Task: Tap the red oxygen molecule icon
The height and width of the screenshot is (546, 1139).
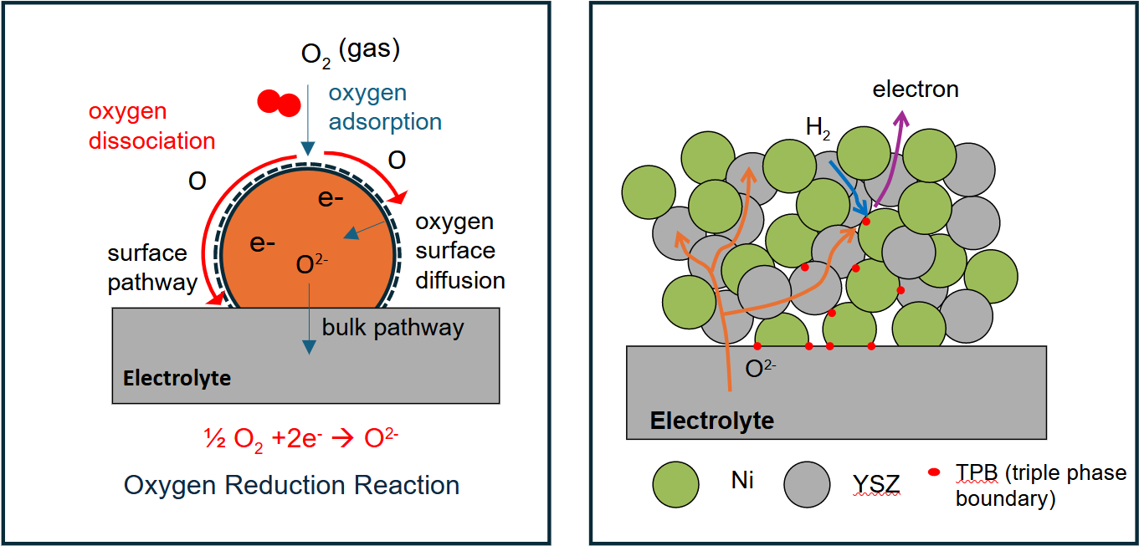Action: pyautogui.click(x=278, y=102)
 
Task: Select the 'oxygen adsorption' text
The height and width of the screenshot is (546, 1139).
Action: pyautogui.click(x=384, y=108)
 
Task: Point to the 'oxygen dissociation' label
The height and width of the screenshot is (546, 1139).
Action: pyautogui.click(x=151, y=126)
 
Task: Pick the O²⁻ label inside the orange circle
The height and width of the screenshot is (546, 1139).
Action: pyautogui.click(x=312, y=266)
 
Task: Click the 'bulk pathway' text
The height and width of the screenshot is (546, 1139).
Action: pyautogui.click(x=392, y=327)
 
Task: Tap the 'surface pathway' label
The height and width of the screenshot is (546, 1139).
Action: pyautogui.click(x=151, y=268)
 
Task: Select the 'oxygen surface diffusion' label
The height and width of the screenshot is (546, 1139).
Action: pyautogui.click(x=459, y=251)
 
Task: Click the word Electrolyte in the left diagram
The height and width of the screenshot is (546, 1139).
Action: pyautogui.click(x=177, y=378)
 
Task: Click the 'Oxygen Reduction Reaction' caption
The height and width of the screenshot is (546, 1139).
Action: pyautogui.click(x=291, y=485)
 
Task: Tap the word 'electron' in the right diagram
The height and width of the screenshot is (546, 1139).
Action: pyautogui.click(x=916, y=89)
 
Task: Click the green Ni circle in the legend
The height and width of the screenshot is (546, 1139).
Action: pyautogui.click(x=675, y=483)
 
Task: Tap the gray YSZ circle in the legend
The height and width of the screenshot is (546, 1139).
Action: pyautogui.click(x=808, y=483)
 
